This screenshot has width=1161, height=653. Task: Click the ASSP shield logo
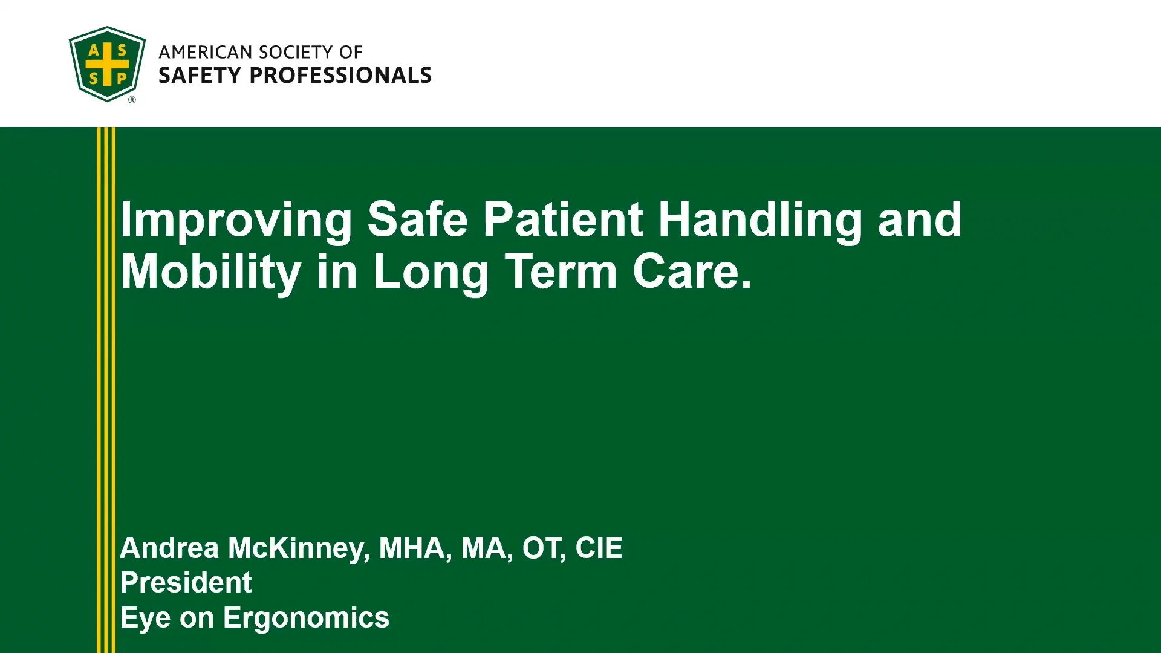[x=107, y=64]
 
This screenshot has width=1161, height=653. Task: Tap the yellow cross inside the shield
[x=107, y=64]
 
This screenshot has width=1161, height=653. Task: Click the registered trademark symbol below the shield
[x=132, y=100]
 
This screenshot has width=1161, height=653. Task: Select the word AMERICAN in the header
[x=205, y=53]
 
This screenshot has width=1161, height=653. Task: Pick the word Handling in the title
[x=760, y=220]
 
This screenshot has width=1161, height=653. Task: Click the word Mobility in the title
[x=211, y=272]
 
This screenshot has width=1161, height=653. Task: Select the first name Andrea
[x=169, y=548]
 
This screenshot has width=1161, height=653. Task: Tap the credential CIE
[x=599, y=548]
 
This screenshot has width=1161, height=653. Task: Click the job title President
[x=186, y=582]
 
